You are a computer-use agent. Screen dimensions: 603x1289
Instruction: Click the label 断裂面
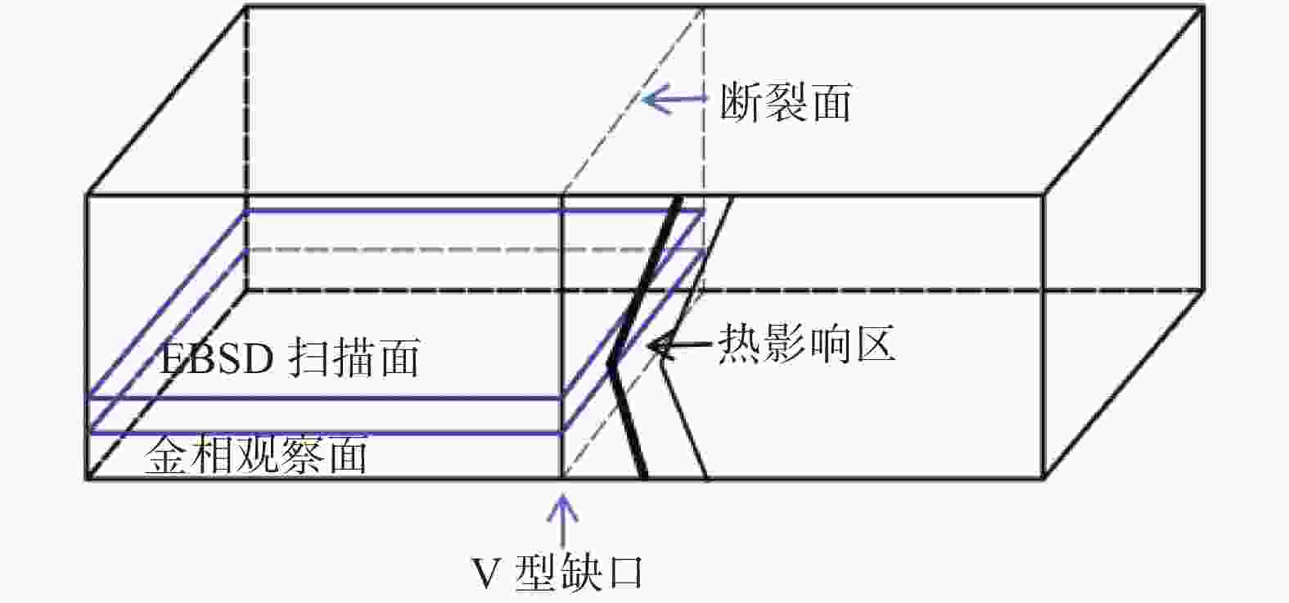(x=786, y=103)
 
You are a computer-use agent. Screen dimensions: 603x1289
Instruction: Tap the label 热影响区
(x=806, y=344)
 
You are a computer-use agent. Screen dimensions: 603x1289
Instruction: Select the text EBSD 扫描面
(x=290, y=358)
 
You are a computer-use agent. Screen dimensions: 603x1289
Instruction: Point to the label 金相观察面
(x=255, y=457)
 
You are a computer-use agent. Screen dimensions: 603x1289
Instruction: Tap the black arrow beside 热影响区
(x=679, y=347)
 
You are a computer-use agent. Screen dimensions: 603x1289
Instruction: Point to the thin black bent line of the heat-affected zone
(x=686, y=417)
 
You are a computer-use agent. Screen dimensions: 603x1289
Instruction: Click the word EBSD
(x=214, y=358)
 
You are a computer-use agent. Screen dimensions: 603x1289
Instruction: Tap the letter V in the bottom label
(x=486, y=574)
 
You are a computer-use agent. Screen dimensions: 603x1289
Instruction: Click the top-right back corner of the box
(x=1204, y=7)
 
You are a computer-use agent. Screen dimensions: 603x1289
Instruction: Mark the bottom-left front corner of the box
(x=88, y=478)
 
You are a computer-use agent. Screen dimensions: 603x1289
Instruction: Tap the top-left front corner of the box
(x=88, y=196)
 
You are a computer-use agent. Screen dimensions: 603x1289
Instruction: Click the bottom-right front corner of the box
(x=1042, y=478)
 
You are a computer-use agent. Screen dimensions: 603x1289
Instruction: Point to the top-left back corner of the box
(x=246, y=7)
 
